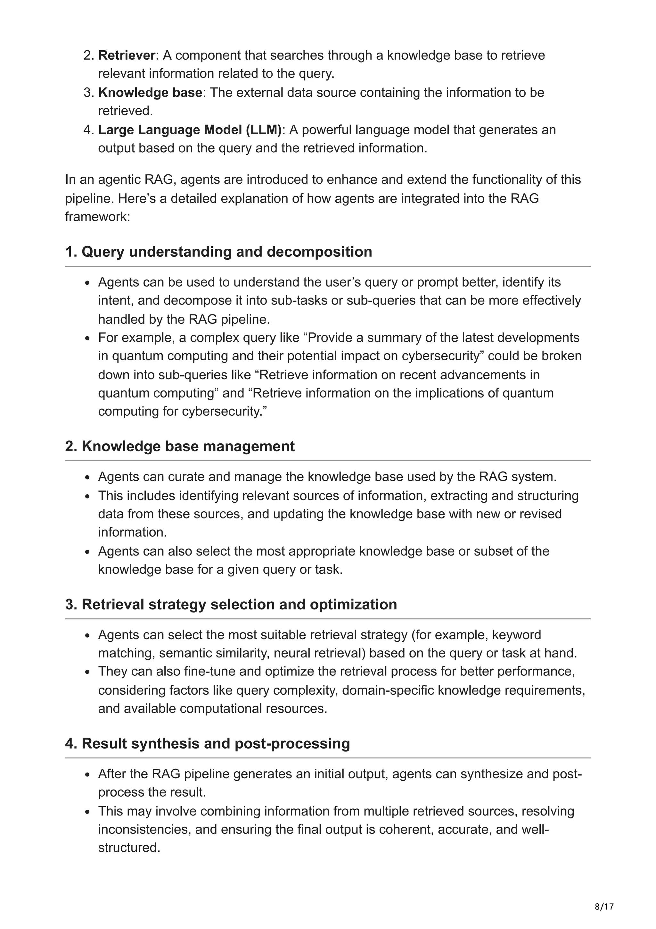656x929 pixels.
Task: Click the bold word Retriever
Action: [x=127, y=55]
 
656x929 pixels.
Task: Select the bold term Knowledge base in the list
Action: [x=150, y=92]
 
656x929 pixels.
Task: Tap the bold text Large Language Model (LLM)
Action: [x=190, y=130]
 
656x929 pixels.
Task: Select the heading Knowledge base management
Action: [x=180, y=446]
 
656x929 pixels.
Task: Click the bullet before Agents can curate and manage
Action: [x=87, y=477]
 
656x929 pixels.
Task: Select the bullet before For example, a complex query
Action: [x=87, y=338]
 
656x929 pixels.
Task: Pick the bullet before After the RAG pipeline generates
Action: [x=87, y=775]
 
